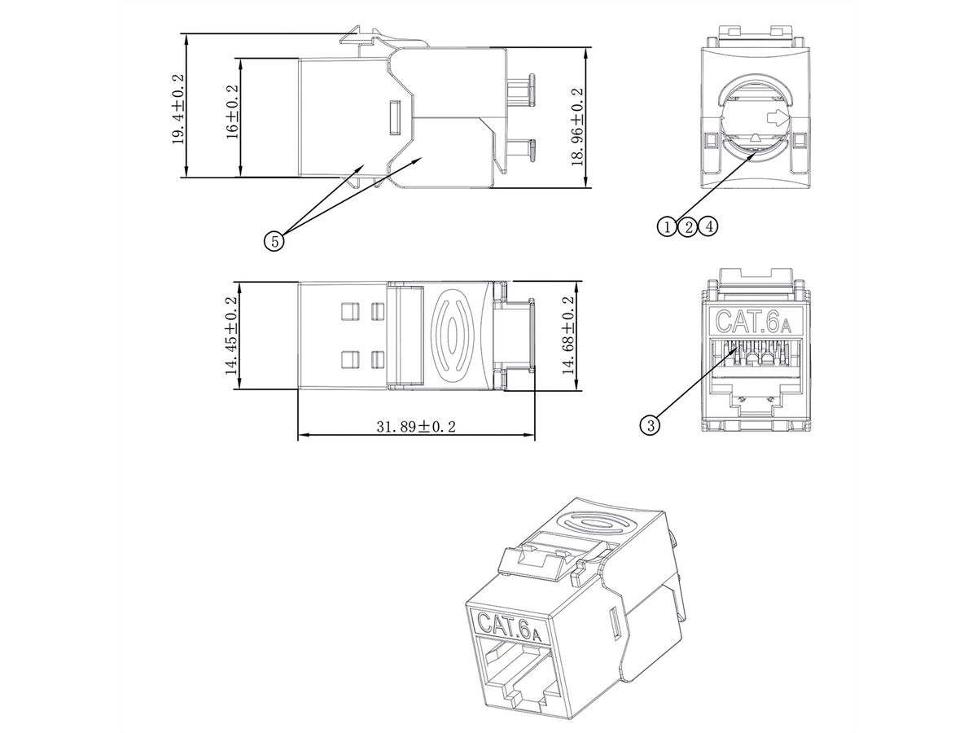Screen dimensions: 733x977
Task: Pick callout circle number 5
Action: pyautogui.click(x=274, y=240)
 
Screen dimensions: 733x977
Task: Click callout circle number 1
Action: pyautogui.click(x=667, y=226)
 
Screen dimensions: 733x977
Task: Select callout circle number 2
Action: pyautogui.click(x=688, y=226)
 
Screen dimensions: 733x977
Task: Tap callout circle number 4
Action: pyautogui.click(x=709, y=226)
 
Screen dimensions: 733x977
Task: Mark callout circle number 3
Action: pyautogui.click(x=649, y=424)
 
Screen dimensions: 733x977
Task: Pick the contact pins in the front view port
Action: pyautogui.click(x=753, y=355)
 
